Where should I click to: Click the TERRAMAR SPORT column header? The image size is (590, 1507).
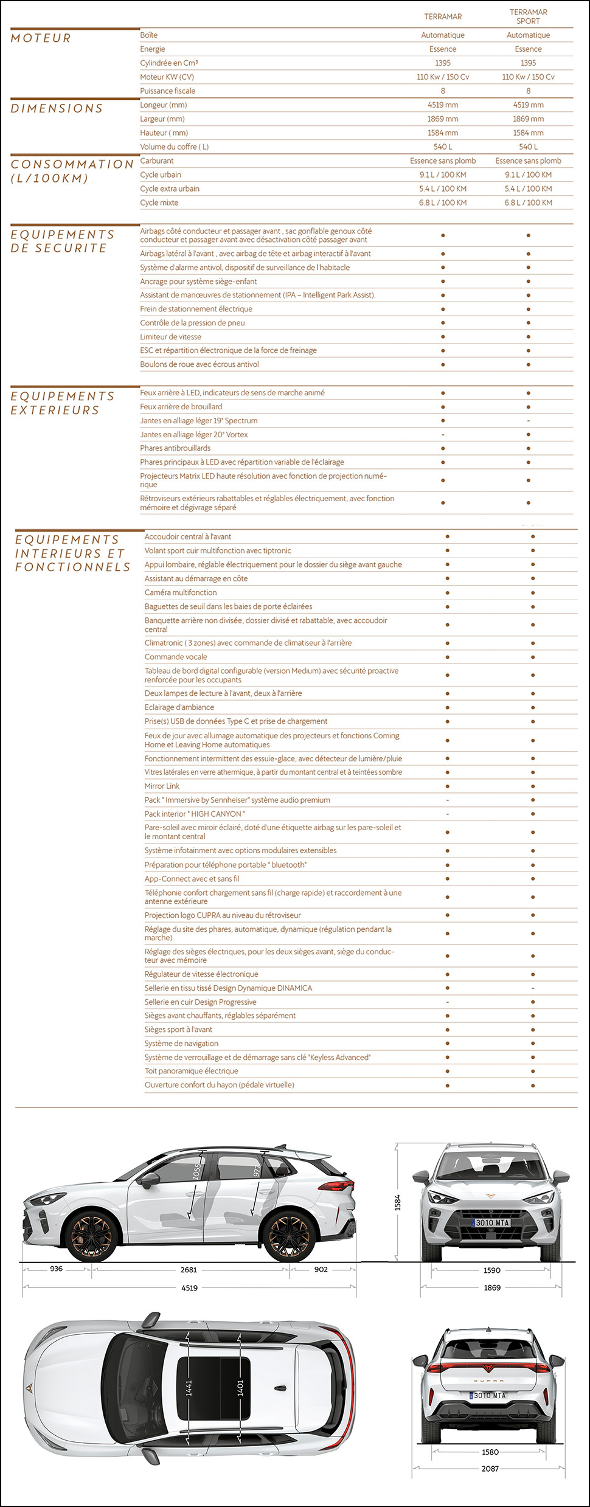point(528,16)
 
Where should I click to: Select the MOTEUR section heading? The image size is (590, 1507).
point(41,38)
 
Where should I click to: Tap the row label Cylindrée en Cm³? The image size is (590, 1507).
point(169,63)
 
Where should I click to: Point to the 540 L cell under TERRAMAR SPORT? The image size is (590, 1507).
point(528,147)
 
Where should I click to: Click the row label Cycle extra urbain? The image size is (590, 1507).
point(170,189)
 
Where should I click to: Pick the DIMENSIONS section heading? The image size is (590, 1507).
point(57,108)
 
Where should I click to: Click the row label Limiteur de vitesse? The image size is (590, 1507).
point(171,337)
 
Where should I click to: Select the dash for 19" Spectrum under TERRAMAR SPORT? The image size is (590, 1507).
point(528,421)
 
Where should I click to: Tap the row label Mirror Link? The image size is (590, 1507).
point(162,786)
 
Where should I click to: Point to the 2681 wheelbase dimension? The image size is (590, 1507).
point(189,1270)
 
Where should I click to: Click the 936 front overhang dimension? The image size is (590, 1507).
point(56,1269)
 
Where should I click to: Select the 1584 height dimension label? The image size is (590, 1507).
point(398,1202)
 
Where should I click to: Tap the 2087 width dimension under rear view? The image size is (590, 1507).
point(490,1469)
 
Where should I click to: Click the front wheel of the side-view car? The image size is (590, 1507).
point(91,1233)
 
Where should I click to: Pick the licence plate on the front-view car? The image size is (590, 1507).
point(491,1222)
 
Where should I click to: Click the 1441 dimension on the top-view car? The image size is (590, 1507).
point(189,1387)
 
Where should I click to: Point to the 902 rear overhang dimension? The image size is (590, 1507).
point(321,1269)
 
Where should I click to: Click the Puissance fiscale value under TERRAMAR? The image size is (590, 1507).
point(443,91)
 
